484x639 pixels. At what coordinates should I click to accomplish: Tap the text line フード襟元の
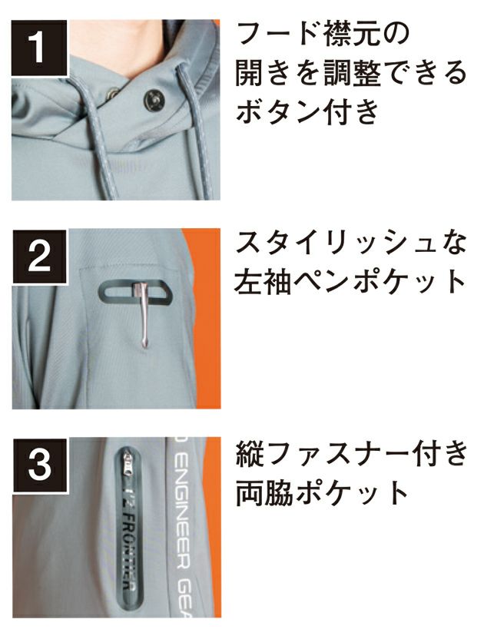pos(323,35)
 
